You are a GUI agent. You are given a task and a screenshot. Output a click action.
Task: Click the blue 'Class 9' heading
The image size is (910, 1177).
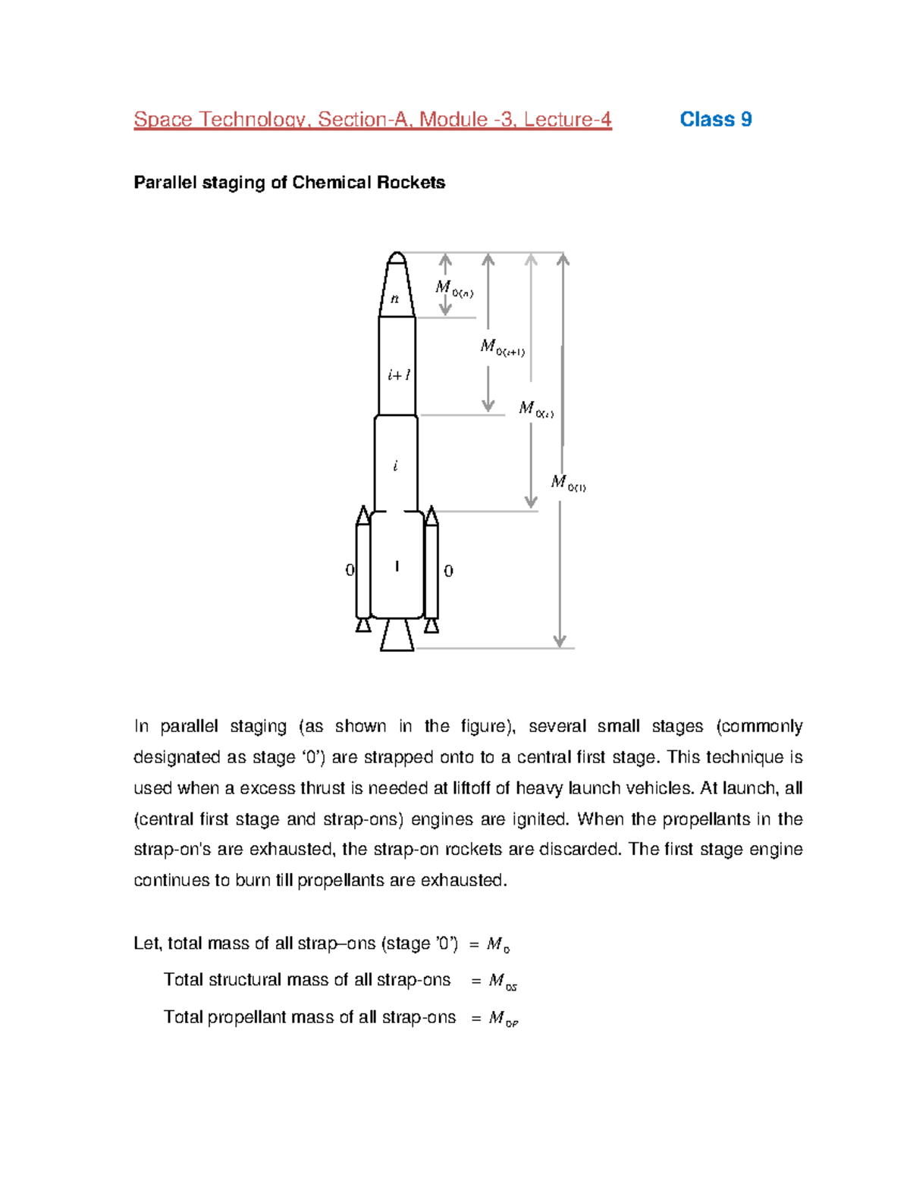[715, 119]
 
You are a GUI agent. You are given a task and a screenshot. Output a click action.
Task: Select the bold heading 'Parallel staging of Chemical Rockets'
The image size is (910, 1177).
[289, 183]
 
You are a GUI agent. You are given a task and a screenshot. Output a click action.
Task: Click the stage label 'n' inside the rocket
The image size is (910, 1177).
[394, 299]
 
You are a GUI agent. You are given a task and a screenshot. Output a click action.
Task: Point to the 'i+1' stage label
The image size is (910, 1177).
[398, 374]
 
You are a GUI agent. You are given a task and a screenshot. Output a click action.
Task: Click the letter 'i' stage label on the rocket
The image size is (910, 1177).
[395, 466]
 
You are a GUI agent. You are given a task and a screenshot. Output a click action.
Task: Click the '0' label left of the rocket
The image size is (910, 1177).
[350, 570]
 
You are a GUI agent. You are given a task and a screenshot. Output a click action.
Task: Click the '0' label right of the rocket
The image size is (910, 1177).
[448, 571]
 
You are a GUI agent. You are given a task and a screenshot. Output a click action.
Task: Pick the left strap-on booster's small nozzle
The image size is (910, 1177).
[363, 625]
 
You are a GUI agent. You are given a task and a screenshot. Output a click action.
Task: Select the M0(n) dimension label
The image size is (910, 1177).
[453, 289]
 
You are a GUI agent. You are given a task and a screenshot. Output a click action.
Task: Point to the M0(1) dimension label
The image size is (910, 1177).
[568, 483]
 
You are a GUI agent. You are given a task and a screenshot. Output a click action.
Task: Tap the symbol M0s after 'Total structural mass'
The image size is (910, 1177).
[503, 981]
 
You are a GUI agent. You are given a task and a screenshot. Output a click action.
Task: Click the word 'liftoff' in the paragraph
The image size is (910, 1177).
[472, 788]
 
